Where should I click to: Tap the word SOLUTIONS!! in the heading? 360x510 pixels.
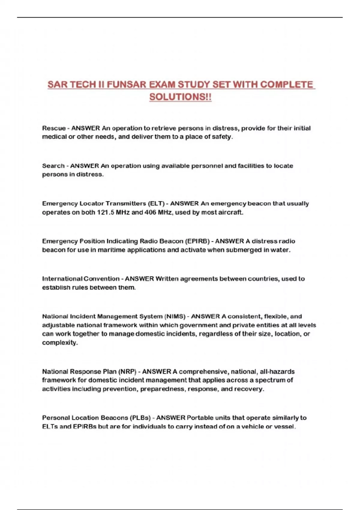(180, 97)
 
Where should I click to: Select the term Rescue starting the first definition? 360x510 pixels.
(54, 128)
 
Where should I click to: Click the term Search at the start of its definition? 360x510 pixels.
(53, 166)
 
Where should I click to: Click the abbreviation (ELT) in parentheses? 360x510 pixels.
(156, 203)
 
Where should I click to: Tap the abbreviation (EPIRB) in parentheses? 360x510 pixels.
(197, 241)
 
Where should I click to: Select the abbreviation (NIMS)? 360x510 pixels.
(174, 316)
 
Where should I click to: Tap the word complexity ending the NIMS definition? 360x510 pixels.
(60, 343)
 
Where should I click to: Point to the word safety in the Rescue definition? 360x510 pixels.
(223, 137)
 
